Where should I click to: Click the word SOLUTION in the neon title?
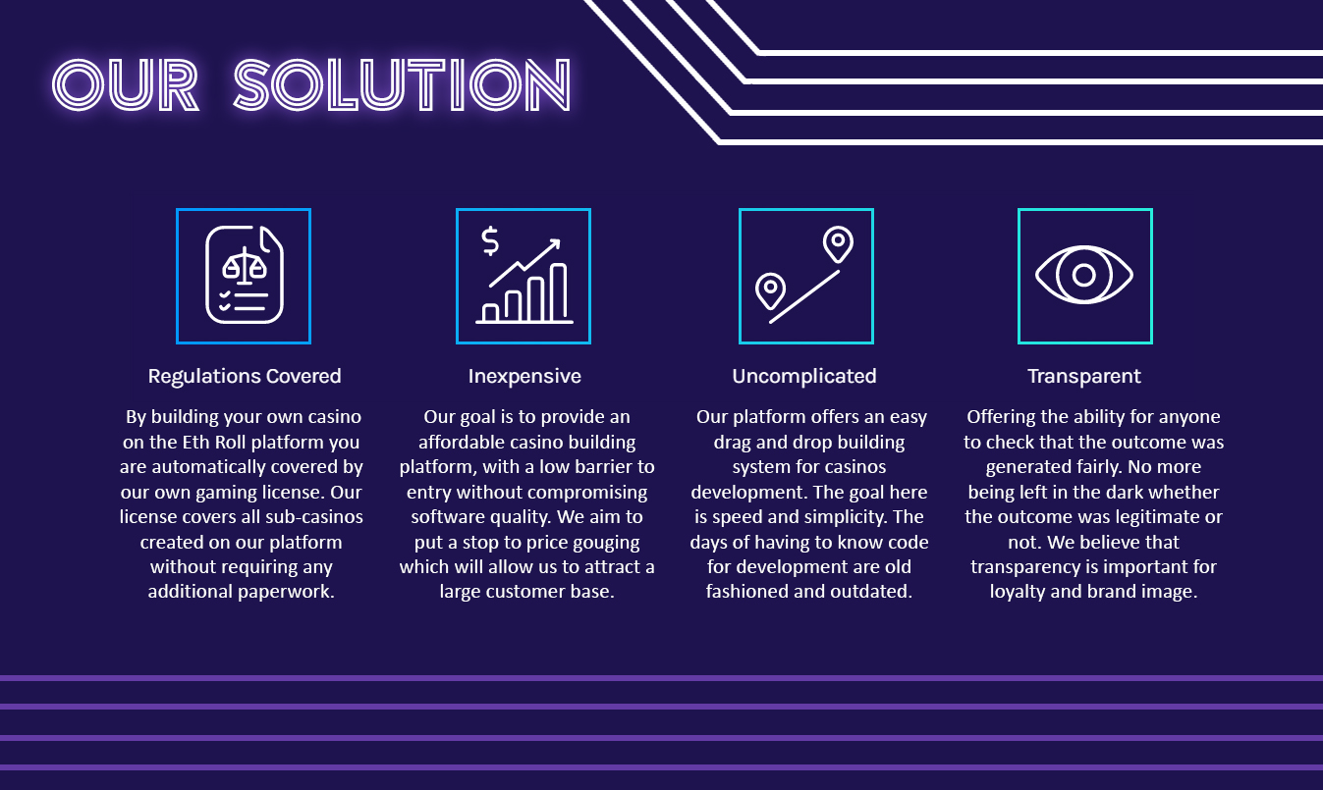pyautogui.click(x=402, y=85)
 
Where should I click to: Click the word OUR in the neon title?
pyautogui.click(x=125, y=85)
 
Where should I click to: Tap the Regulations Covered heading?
pyautogui.click(x=245, y=377)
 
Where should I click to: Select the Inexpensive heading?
pyautogui.click(x=524, y=377)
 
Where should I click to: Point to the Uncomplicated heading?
pyautogui.click(x=804, y=377)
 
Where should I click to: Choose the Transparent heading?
pyautogui.click(x=1084, y=377)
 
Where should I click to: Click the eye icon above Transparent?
pyautogui.click(x=1084, y=275)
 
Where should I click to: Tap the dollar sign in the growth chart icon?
pyautogui.click(x=490, y=240)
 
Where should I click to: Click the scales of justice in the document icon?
pyautogui.click(x=245, y=264)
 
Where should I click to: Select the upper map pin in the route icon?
pyautogui.click(x=838, y=243)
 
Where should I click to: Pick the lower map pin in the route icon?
pyautogui.click(x=771, y=290)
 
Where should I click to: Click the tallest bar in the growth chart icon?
pyautogui.click(x=558, y=292)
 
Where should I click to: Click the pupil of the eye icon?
pyautogui.click(x=1083, y=275)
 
